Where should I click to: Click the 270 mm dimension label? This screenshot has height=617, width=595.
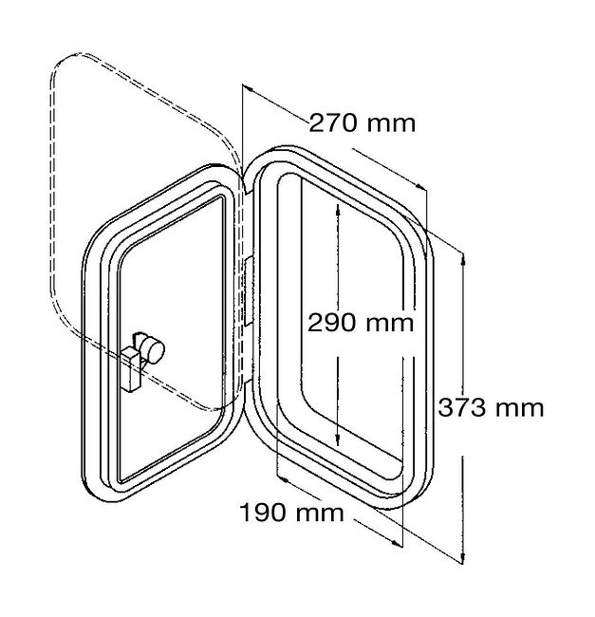click(x=362, y=123)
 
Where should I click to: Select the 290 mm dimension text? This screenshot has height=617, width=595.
click(x=361, y=323)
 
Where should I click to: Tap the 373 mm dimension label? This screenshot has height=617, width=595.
click(x=491, y=407)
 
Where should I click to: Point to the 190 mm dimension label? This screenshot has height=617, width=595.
click(x=291, y=513)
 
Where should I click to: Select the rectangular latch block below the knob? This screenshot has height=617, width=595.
click(x=131, y=370)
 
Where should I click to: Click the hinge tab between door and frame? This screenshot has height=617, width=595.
click(x=249, y=291)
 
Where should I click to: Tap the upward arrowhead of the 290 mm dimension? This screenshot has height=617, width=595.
click(x=338, y=210)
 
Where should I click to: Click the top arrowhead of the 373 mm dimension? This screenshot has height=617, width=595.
click(x=463, y=260)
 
